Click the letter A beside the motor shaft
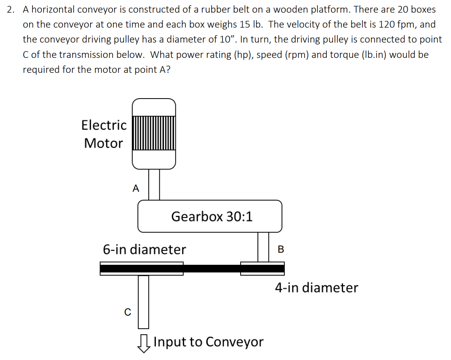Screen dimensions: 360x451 tap(136, 188)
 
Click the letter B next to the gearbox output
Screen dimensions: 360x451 tap(280, 249)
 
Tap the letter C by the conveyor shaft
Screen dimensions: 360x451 tap(128, 312)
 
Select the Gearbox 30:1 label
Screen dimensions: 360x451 tap(212, 217)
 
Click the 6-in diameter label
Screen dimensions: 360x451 tap(144, 250)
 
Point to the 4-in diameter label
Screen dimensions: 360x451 tap(316, 288)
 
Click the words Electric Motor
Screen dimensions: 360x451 tap(103, 134)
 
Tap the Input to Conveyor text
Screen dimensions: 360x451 tap(208, 342)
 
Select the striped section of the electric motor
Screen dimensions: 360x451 tap(154, 133)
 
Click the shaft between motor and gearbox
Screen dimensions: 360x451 tap(154, 184)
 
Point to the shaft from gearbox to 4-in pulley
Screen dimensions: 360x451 tap(263, 247)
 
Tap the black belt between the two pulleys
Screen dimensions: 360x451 tap(212, 268)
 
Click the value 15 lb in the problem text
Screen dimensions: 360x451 tap(251, 25)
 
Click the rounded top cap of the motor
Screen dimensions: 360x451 tap(154, 106)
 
